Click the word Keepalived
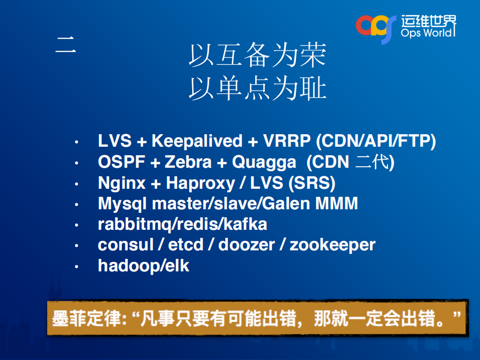[x=197, y=141]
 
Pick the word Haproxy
[x=200, y=183]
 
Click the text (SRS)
[x=311, y=183]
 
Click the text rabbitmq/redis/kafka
[x=182, y=225]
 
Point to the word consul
[x=126, y=245]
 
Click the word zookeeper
[x=332, y=245]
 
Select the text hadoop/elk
[x=144, y=266]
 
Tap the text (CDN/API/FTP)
[x=376, y=141]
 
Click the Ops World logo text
[x=428, y=33]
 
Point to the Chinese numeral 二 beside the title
[x=66, y=46]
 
